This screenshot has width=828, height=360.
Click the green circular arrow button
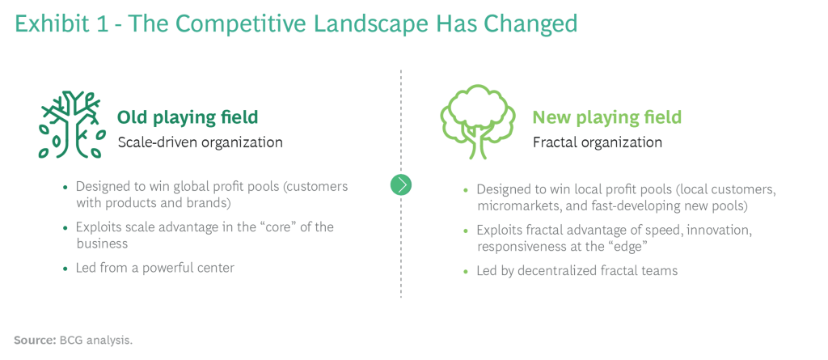click(401, 184)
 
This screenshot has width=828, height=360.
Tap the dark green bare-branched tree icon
click(71, 125)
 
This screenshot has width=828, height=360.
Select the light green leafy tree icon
click(477, 121)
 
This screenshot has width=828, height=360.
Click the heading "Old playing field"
click(188, 116)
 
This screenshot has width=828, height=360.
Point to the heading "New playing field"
click(606, 116)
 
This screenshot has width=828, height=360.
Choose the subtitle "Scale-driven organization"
click(201, 142)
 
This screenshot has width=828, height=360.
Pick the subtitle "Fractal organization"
click(598, 142)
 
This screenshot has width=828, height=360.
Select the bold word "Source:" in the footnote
click(35, 340)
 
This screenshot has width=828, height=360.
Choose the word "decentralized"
click(557, 271)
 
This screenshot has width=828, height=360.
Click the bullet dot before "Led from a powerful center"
click(65, 269)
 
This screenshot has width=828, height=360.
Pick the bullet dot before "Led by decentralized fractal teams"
click(466, 272)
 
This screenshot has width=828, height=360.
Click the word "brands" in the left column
click(213, 203)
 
